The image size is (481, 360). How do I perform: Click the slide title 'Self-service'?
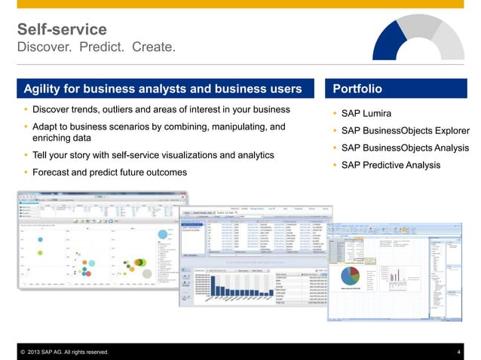click(62, 29)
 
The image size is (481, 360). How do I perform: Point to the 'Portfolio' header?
click(357, 89)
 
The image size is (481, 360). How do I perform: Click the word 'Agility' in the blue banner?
click(44, 89)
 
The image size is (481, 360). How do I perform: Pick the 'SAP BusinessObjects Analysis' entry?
click(404, 148)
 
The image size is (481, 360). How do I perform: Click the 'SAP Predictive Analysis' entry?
click(391, 165)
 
